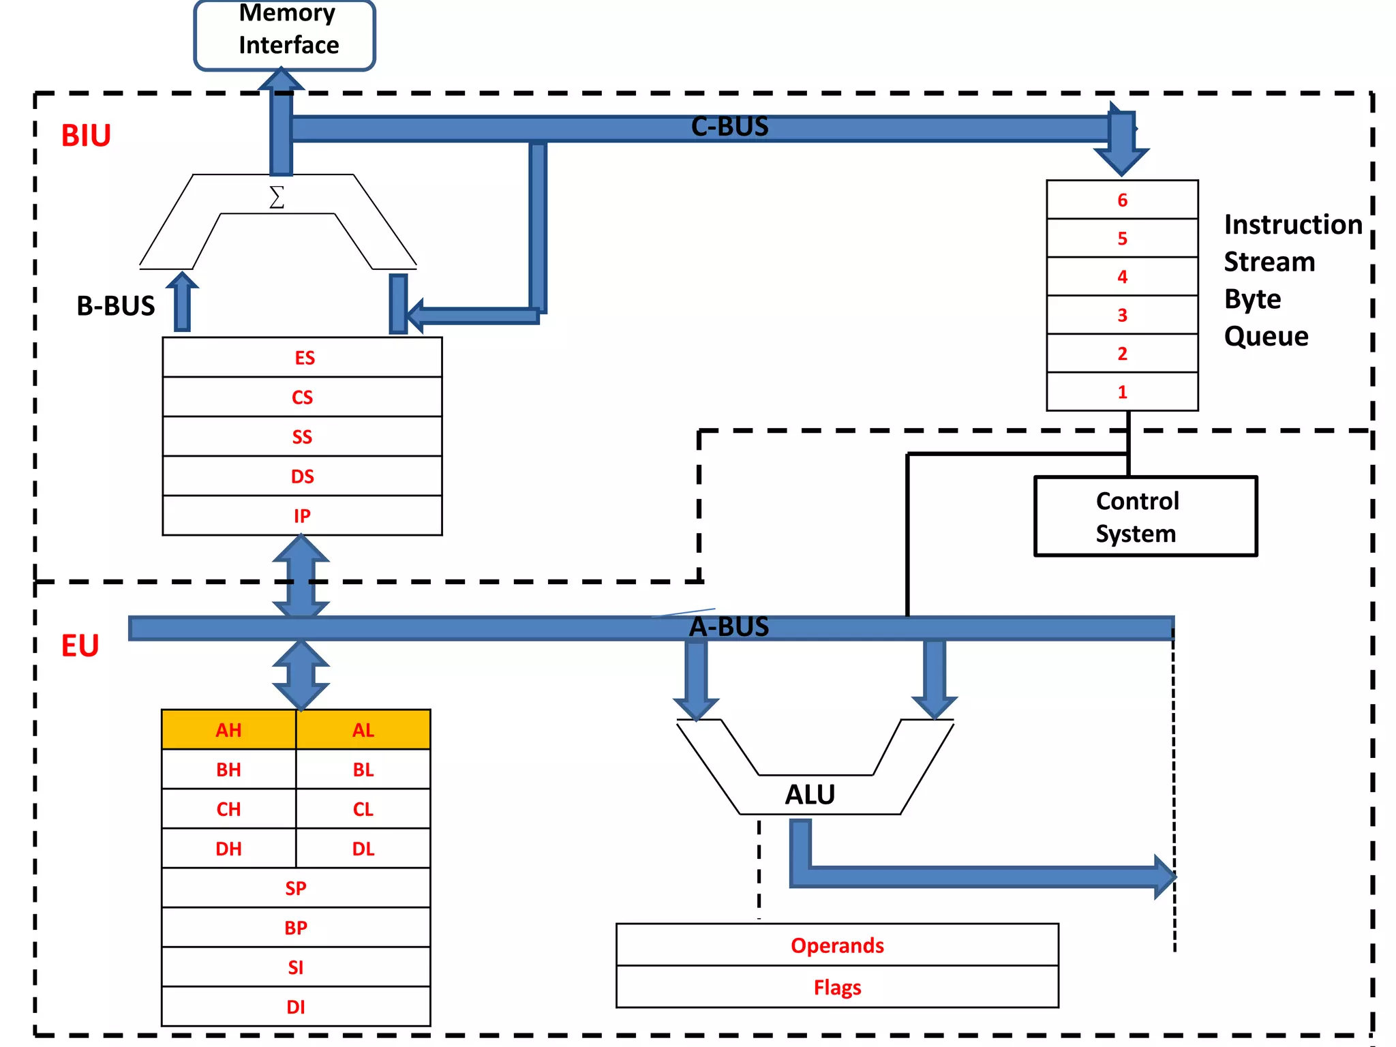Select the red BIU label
[x=86, y=136]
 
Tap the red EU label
[x=80, y=646]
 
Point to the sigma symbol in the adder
[x=276, y=197]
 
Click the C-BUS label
[x=729, y=127]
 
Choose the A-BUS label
[x=729, y=626]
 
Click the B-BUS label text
[x=115, y=306]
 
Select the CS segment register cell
[x=302, y=397]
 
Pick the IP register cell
[x=302, y=515]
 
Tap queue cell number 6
[x=1122, y=200]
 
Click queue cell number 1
[x=1122, y=392]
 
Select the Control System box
[x=1145, y=517]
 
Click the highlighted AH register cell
[x=228, y=730]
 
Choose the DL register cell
[x=363, y=849]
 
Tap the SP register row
[x=295, y=887]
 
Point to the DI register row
[x=295, y=1006]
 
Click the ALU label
[x=810, y=795]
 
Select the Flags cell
[x=837, y=987]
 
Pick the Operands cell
[x=837, y=945]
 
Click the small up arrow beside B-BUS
[x=182, y=301]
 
